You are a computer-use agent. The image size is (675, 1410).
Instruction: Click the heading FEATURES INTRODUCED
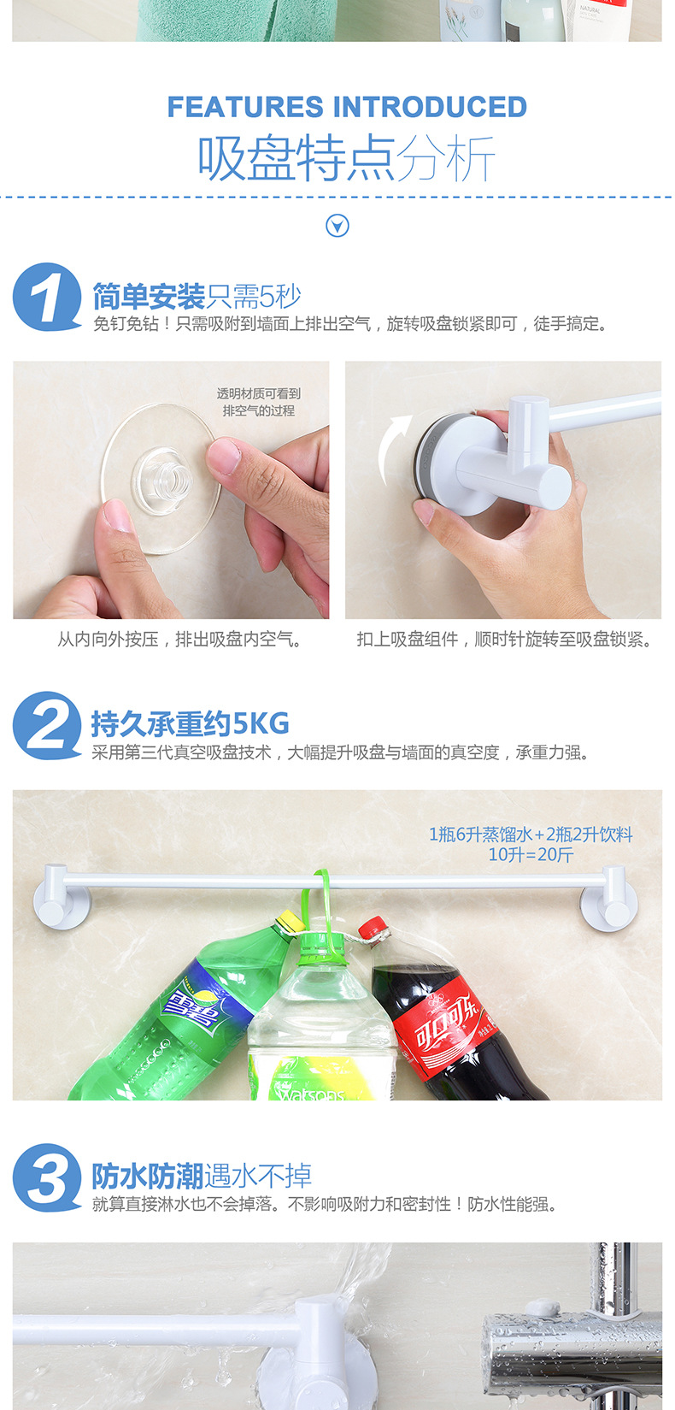[x=346, y=107]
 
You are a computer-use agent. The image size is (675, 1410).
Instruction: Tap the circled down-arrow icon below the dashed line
[x=337, y=226]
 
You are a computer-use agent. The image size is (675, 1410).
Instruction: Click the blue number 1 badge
[x=46, y=297]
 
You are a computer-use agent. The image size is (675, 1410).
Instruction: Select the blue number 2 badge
[x=46, y=725]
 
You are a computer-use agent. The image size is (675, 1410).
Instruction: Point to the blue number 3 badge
[x=46, y=1177]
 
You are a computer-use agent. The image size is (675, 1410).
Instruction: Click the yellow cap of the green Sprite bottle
[x=290, y=921]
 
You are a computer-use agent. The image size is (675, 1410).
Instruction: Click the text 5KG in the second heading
[x=261, y=724]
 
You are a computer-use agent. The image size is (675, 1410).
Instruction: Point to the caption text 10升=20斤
[x=531, y=854]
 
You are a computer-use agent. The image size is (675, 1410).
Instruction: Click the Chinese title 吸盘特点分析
[x=346, y=158]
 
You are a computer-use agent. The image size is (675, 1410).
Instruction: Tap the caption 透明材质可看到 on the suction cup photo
[x=258, y=394]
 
